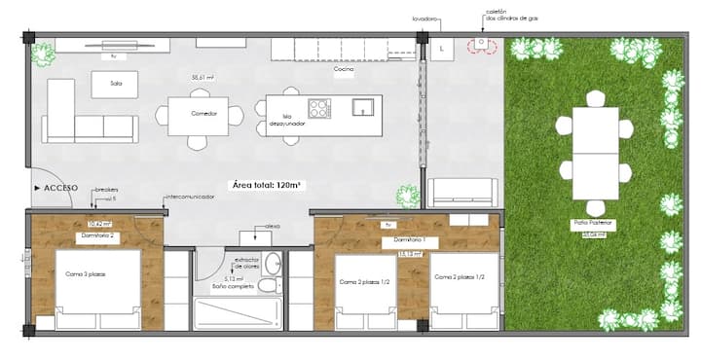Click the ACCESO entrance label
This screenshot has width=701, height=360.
[59, 186]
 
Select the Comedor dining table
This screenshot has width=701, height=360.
[198, 115]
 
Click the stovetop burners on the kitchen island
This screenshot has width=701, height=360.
[319, 108]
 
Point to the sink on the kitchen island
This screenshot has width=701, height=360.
[363, 107]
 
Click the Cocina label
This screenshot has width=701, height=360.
[343, 70]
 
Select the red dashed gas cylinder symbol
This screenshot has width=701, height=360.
[480, 45]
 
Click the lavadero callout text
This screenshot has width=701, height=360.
[425, 17]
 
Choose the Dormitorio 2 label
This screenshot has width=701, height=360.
[97, 236]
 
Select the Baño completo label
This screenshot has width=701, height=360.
[233, 287]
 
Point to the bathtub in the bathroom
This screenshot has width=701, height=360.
[238, 312]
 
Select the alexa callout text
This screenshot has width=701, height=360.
[272, 226]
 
